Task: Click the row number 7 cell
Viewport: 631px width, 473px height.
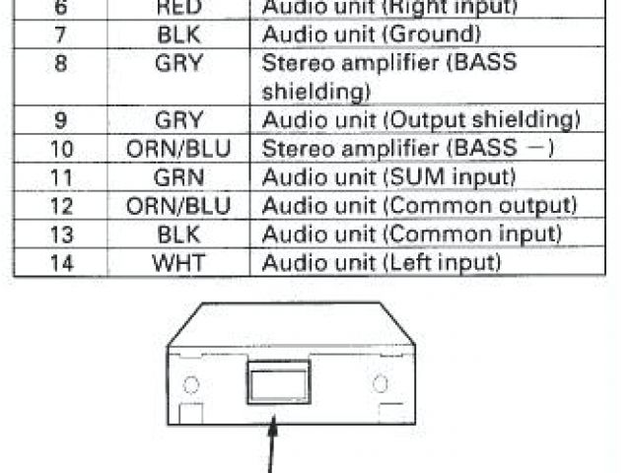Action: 60,35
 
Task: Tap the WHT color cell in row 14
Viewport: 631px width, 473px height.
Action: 178,264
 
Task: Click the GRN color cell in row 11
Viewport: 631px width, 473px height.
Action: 178,178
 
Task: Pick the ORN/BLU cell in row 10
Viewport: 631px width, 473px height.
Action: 178,150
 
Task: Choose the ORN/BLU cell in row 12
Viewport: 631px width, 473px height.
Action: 178,207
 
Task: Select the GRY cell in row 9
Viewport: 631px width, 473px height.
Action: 178,121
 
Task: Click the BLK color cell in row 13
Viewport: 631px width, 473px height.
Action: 178,236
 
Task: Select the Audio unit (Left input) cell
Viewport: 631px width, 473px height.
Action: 382,264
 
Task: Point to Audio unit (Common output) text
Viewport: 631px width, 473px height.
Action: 418,207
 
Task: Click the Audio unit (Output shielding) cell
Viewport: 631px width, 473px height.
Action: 420,121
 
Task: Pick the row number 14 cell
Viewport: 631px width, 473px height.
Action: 60,264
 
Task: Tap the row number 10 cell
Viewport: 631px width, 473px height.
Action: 60,150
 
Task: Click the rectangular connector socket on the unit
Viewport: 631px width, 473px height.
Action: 278,383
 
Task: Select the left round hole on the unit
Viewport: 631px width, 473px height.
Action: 193,384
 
